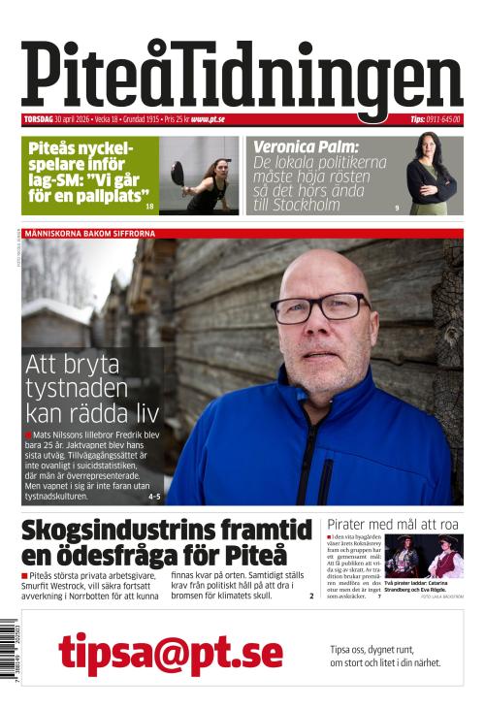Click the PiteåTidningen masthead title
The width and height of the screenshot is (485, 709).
click(x=242, y=78)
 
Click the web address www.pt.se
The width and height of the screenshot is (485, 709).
click(x=208, y=119)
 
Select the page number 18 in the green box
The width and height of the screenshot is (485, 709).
click(x=149, y=207)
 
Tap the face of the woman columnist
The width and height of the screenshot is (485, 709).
click(x=428, y=147)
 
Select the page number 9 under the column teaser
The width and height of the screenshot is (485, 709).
click(x=397, y=208)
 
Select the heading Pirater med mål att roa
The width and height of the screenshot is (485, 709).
click(x=393, y=524)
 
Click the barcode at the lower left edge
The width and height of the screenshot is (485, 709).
click(x=9, y=650)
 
